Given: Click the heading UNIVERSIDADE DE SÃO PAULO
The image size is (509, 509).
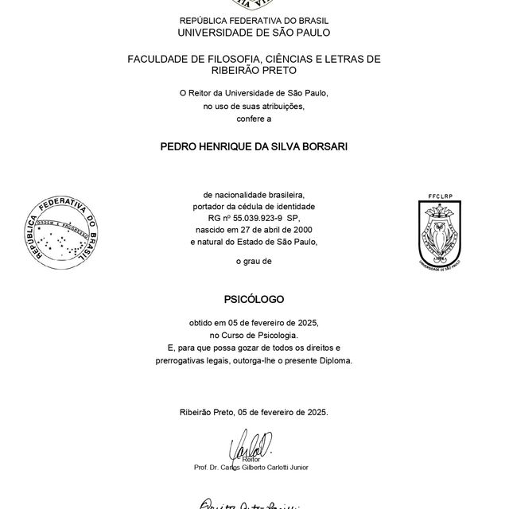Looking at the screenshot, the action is coord(254,33).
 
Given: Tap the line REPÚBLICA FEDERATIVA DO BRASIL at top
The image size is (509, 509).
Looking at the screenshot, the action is coord(254,20).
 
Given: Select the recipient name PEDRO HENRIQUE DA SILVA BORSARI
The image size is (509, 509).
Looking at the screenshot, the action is coord(254,147).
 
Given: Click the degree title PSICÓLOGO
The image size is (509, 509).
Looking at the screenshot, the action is coord(254,300).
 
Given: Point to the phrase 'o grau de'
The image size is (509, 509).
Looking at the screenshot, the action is coord(254,261).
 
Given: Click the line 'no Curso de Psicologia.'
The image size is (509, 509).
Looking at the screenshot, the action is coord(254,336).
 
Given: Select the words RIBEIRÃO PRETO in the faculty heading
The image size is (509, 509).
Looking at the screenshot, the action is coord(254,70).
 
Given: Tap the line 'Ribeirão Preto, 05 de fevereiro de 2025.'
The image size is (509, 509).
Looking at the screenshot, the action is coord(254,412).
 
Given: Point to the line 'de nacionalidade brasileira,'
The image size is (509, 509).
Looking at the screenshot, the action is coord(254,194).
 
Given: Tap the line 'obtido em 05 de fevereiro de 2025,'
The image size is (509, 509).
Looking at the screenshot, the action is coord(254,324).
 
